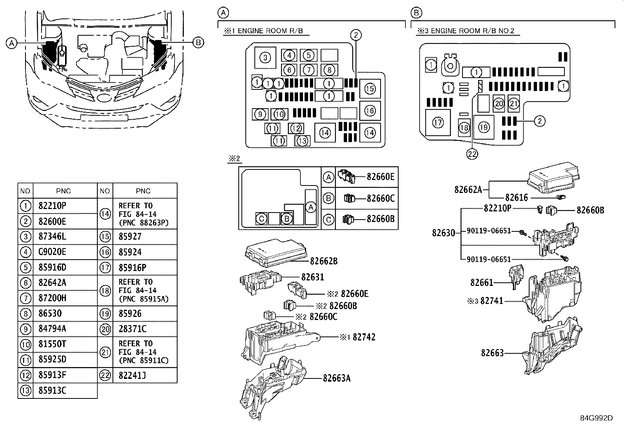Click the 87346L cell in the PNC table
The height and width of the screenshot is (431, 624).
pos(53,236)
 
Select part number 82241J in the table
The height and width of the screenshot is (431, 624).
pos(132,375)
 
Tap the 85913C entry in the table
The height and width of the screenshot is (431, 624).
pos(53,391)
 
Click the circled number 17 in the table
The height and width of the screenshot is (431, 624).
pos(105,267)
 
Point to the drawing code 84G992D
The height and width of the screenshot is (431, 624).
pos(596,418)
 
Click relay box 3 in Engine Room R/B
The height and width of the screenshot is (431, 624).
pos(265,58)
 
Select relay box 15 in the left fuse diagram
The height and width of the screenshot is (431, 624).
pos(370,89)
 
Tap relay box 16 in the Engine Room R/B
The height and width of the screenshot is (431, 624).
pos(370,111)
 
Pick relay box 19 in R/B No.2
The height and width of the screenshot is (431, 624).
pos(484,127)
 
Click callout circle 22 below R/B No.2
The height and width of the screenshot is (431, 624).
pos(472,154)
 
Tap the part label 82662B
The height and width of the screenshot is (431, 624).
pos(324,261)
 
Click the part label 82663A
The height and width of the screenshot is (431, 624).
pos(337,378)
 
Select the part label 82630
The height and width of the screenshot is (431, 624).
pos(443,233)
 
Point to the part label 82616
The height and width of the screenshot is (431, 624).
pos(516,198)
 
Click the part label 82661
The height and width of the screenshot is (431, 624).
pos(481,282)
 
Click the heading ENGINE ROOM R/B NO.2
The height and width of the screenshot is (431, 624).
pos(472,31)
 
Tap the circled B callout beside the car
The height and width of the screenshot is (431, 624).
pos(198,42)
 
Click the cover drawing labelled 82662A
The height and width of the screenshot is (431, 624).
pos(553,179)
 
